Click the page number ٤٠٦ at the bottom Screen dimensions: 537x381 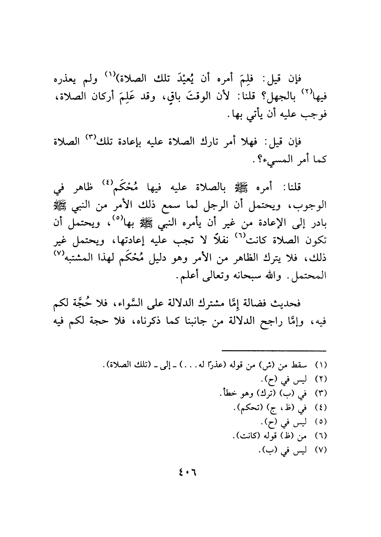(187, 471)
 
